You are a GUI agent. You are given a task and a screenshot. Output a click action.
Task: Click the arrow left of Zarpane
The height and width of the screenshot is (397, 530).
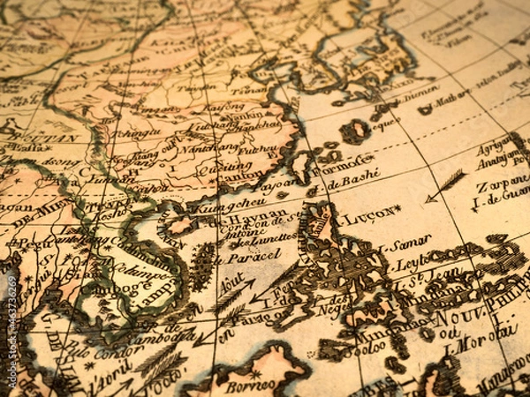click(x=445, y=186)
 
